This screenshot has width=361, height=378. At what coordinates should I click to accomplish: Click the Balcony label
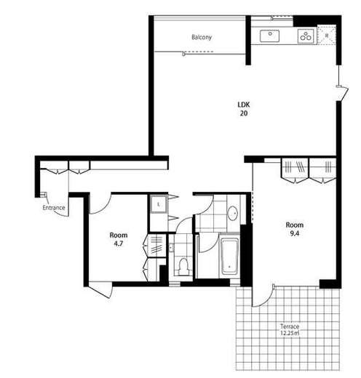(x=202, y=37)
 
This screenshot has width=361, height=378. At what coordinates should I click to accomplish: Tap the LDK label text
(x=244, y=105)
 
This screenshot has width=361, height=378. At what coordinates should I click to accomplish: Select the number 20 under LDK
(x=244, y=113)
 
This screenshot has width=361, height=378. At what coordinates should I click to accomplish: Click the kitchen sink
(x=269, y=36)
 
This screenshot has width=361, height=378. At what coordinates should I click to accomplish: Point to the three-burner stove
(x=306, y=36)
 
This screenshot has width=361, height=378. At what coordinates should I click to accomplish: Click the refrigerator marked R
(x=327, y=35)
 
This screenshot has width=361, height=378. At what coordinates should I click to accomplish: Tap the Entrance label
(x=54, y=208)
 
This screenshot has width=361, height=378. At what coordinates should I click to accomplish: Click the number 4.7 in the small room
(x=119, y=244)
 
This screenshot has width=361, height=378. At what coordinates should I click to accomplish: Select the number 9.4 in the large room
(x=294, y=233)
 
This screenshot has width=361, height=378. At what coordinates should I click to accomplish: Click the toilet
(x=183, y=267)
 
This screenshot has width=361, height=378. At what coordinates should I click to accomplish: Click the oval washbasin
(x=233, y=213)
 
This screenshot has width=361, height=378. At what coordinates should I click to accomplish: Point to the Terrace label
(x=290, y=326)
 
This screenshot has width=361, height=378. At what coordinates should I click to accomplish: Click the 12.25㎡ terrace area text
(x=290, y=333)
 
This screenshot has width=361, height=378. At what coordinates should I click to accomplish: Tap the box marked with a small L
(x=158, y=204)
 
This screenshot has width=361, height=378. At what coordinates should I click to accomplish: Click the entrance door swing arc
(x=56, y=210)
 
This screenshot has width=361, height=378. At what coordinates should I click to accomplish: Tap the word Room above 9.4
(x=294, y=225)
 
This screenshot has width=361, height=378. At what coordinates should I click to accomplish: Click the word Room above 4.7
(x=119, y=235)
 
